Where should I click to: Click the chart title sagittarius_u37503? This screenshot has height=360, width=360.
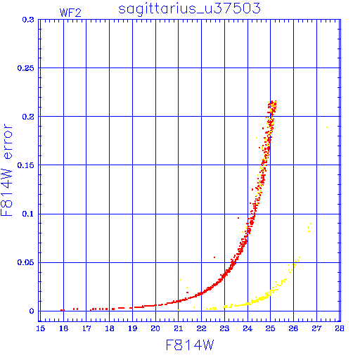point(189,8)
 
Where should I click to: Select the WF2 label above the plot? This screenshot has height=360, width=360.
point(70,13)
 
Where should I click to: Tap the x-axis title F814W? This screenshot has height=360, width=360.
point(190,345)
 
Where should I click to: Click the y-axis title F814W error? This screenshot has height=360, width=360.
point(6,170)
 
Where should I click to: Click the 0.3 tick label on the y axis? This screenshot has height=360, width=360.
point(28,20)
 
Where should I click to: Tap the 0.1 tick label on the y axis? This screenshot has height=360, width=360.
point(28,214)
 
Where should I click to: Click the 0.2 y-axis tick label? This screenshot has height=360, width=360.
point(28,117)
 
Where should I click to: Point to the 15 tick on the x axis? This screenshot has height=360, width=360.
point(41,328)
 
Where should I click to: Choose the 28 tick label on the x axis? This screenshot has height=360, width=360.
point(340,328)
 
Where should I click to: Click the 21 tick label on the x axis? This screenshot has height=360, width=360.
point(179,328)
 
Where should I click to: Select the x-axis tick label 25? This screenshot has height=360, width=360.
point(270,328)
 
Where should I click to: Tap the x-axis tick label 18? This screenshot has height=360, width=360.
point(110,328)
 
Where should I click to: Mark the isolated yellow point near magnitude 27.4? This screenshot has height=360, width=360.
point(327,127)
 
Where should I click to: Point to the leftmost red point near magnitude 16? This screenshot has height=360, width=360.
point(61,310)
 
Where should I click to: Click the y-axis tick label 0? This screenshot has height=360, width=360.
point(32,311)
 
